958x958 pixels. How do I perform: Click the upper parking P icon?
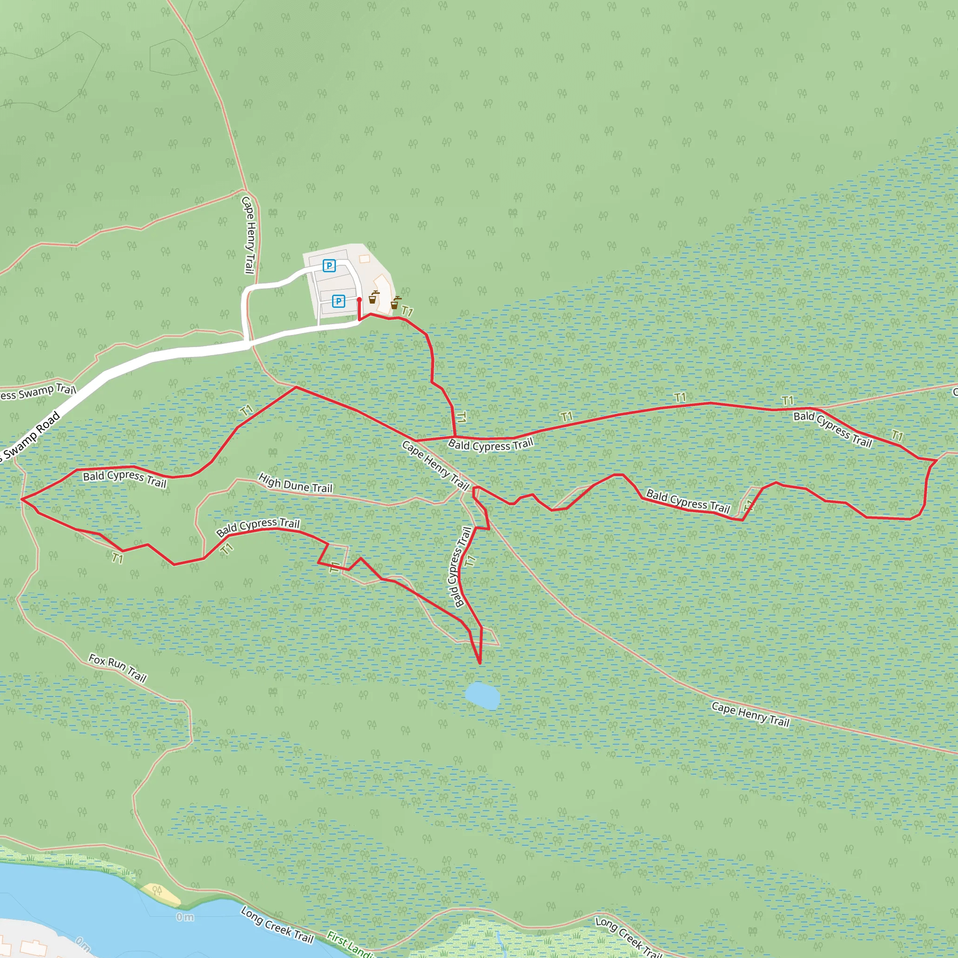tap(329, 266)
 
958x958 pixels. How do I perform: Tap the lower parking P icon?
tap(338, 301)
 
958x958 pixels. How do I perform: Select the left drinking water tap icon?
tap(373, 298)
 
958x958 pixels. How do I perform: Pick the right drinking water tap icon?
tap(395, 303)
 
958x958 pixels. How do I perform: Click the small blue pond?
tap(482, 696)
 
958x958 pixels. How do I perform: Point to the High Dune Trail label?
tap(296, 484)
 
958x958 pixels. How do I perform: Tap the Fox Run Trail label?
tap(117, 668)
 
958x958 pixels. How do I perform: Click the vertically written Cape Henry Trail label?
tap(249, 235)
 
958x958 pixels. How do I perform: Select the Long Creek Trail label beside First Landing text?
tap(277, 925)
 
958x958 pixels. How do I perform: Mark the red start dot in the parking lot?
tap(359, 299)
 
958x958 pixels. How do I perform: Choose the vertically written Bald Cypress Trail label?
tap(460, 567)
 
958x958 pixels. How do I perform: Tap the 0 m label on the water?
tap(185, 917)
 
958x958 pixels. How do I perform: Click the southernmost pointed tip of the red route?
tap(479, 663)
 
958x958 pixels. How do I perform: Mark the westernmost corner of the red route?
tap(22, 499)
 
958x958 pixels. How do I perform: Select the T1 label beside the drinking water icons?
tap(407, 312)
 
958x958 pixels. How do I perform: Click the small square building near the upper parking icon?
tap(364, 259)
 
